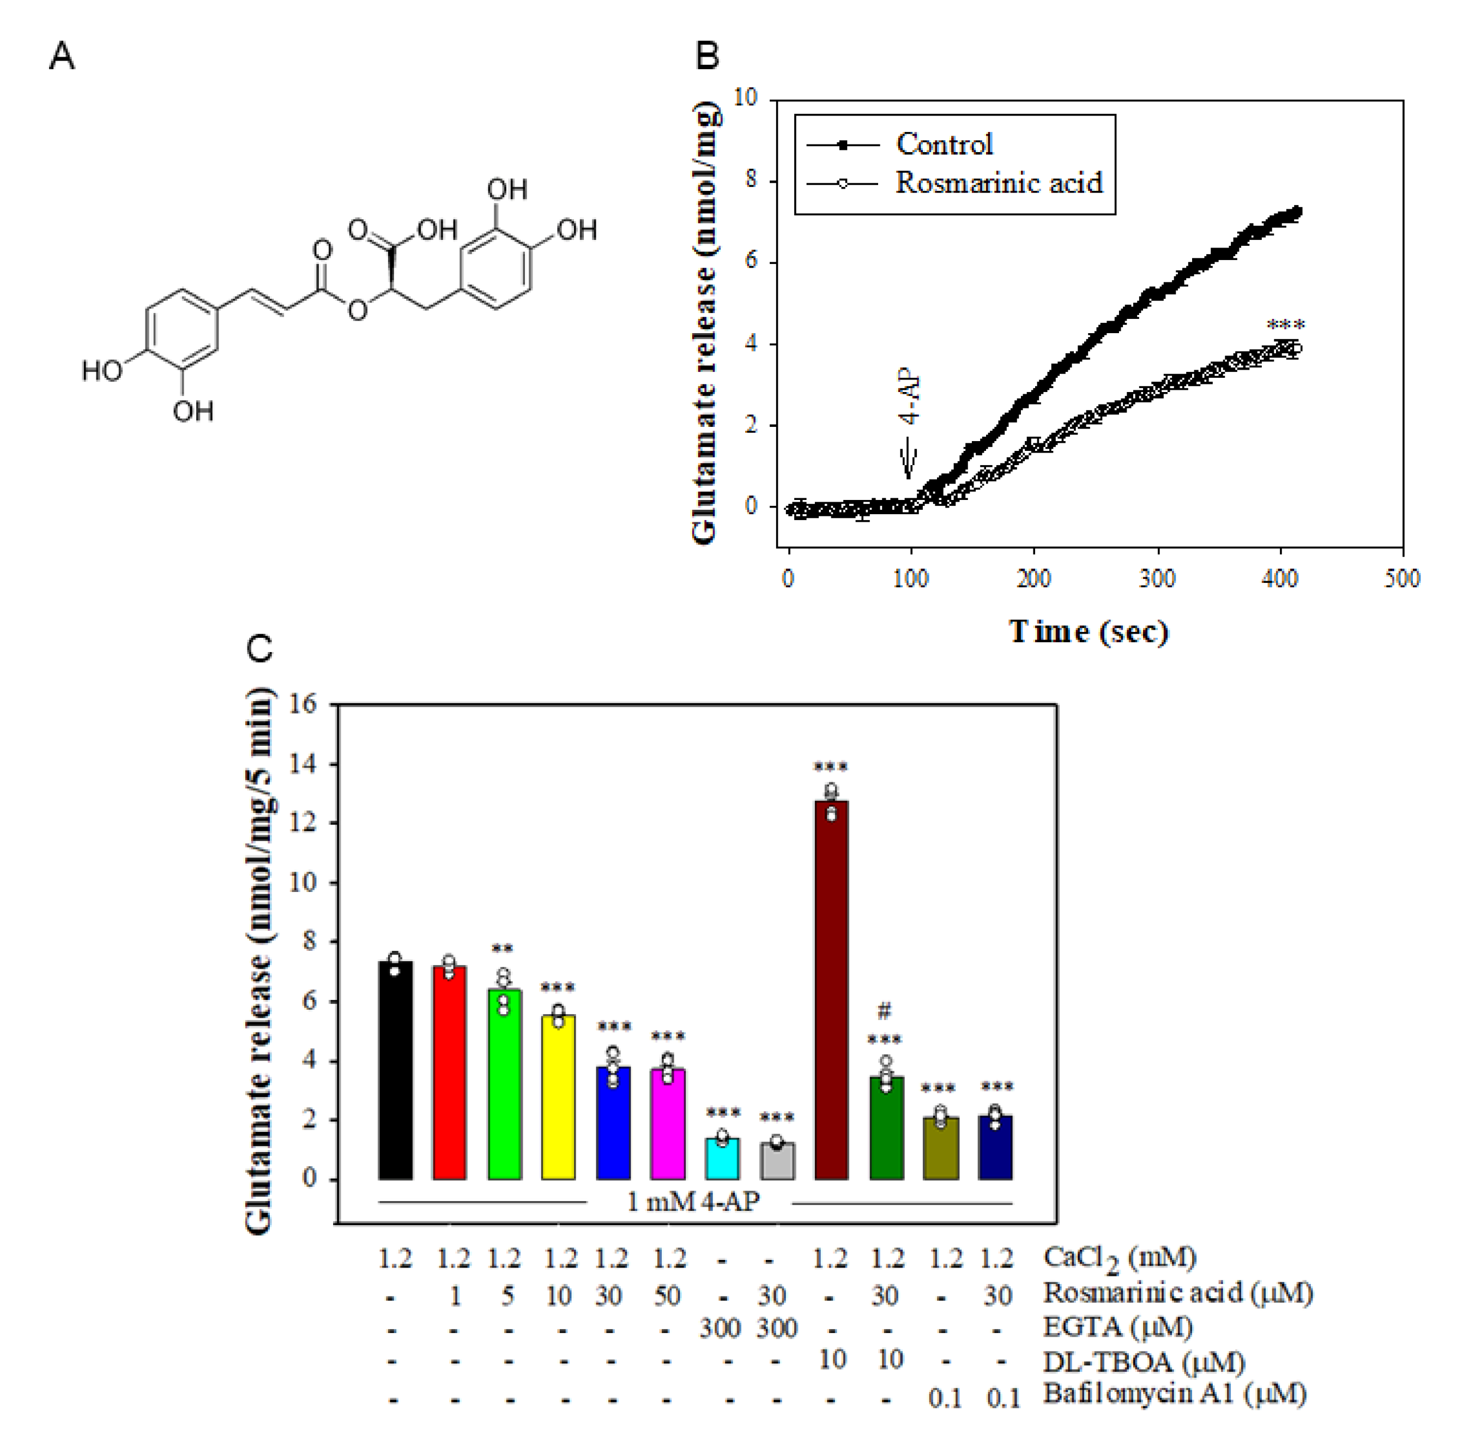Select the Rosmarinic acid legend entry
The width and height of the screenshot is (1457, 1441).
[x=997, y=183]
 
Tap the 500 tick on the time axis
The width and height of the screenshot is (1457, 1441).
[x=1401, y=578]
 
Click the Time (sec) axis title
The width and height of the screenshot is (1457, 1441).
[x=1088, y=631]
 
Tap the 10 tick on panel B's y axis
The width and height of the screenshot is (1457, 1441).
[x=745, y=98]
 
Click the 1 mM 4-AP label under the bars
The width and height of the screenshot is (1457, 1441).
[x=692, y=1201]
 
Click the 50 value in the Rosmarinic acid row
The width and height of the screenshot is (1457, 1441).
[x=667, y=1295]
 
